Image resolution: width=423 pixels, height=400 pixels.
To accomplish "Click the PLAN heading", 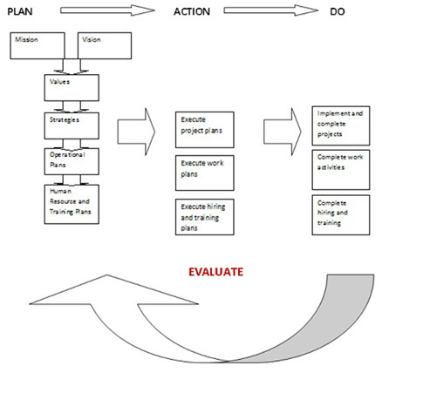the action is [x=20, y=11].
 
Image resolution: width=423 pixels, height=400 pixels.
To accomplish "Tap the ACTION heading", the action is [x=192, y=11].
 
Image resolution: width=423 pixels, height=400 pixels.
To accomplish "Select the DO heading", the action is [x=338, y=11].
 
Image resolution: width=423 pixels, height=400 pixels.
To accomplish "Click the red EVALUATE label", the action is [x=215, y=272].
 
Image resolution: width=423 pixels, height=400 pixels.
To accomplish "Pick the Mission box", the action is [x=38, y=45].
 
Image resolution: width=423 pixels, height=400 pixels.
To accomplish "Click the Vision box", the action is [x=105, y=45].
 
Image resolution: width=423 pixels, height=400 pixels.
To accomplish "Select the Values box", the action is [x=72, y=88].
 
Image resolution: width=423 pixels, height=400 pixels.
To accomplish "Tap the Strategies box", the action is [x=72, y=125].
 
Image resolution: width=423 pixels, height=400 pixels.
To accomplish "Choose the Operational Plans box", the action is [x=72, y=161].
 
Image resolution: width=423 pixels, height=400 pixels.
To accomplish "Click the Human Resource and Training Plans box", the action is [x=72, y=204].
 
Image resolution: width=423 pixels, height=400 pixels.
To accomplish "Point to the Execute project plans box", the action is [x=205, y=130].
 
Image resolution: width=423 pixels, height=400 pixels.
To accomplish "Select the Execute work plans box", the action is [x=205, y=173].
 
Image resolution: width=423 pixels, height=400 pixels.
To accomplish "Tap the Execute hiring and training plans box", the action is [x=205, y=217].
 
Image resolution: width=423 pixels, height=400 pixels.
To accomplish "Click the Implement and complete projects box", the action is [x=341, y=125].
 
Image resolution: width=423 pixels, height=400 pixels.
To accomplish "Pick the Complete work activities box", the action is [x=341, y=170].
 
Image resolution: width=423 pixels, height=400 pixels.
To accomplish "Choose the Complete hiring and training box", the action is [x=341, y=215].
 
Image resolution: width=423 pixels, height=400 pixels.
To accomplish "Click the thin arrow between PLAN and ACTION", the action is [x=107, y=10].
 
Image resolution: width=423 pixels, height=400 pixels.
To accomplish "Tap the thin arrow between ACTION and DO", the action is [x=270, y=10].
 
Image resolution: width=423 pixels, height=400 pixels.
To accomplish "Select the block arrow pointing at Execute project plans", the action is [x=136, y=132].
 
